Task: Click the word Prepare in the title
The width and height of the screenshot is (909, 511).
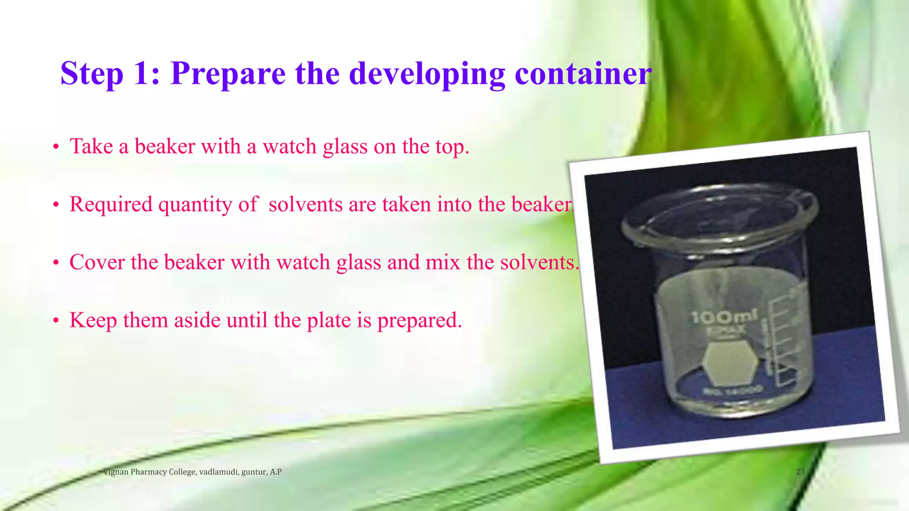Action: pos(228,74)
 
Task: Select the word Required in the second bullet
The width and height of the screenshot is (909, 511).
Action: pos(111,205)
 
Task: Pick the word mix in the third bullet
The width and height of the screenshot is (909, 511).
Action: pos(442,262)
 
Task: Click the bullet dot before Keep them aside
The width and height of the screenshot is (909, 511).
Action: pos(56,321)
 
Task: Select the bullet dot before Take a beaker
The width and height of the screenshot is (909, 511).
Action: pos(56,147)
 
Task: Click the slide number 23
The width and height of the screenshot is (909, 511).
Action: pos(800,472)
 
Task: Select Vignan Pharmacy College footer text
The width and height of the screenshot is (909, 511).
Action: pos(192,472)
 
